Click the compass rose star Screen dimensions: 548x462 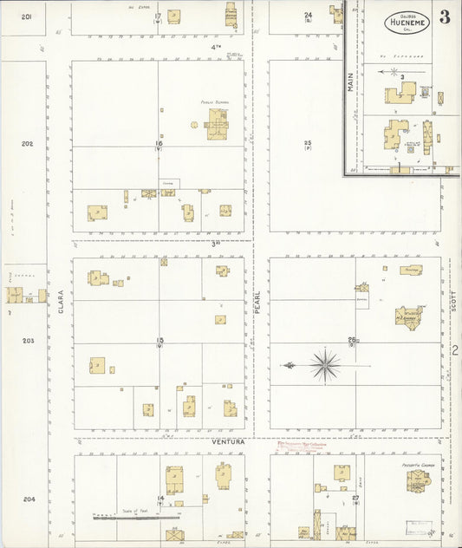point(325,365)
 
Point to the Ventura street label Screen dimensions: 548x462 point(230,441)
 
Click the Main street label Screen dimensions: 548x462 point(351,82)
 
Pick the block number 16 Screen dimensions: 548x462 point(159,143)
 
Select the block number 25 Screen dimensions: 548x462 point(307,143)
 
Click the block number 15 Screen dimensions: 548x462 point(159,341)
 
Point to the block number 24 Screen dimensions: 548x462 point(308,15)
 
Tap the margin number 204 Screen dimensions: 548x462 point(29,499)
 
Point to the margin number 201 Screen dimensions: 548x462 point(28,16)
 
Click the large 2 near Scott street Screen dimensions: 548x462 point(455,350)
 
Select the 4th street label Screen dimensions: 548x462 point(216,46)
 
